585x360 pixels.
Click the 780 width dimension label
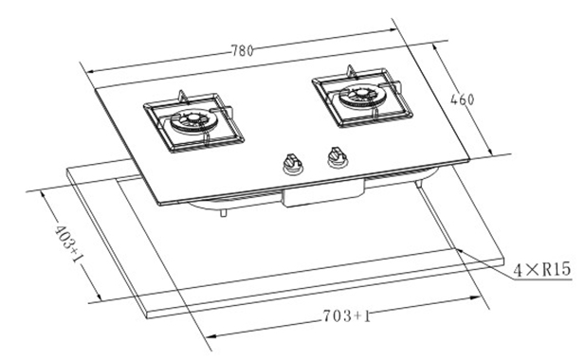pos(242,50)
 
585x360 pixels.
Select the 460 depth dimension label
pos(463,99)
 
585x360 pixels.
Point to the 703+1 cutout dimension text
pos(347,316)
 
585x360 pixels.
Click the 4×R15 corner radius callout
pos(542,269)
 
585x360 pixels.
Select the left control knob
pos(292,164)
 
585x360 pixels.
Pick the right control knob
pos(337,157)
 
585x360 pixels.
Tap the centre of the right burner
pos(362,93)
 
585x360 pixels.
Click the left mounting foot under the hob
pos(223,212)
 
